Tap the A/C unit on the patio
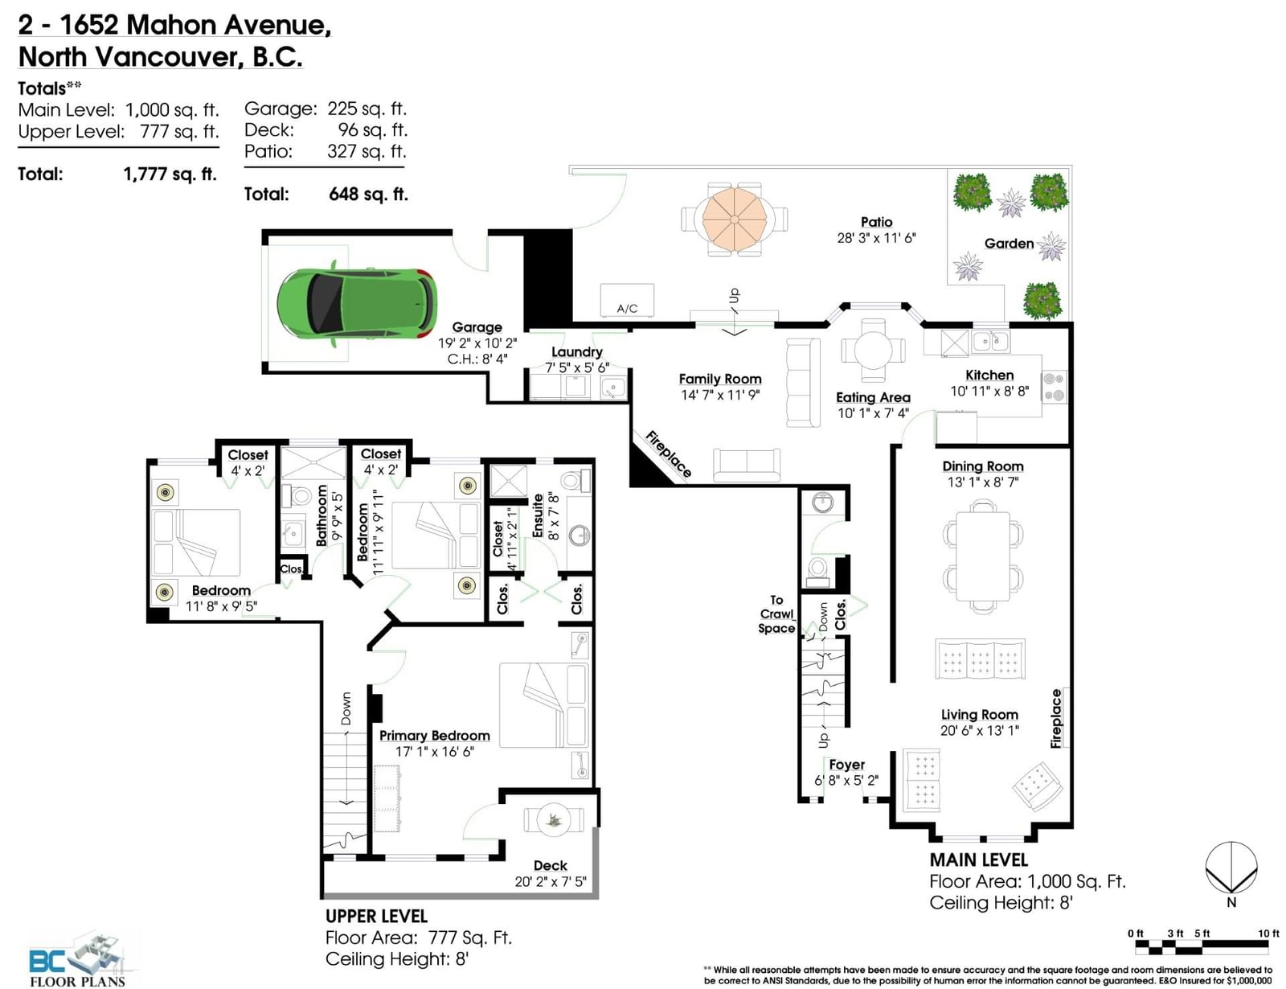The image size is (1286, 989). tap(627, 301)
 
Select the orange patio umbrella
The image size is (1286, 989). tap(734, 219)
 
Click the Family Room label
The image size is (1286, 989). tap(719, 379)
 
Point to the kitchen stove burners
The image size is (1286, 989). tap(1054, 387)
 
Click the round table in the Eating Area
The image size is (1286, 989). tap(873, 351)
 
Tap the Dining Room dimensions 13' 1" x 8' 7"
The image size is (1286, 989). tap(982, 482)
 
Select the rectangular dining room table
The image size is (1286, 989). tap(983, 556)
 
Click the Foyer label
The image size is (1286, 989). tap(846, 765)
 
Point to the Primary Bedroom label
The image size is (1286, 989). tap(434, 735)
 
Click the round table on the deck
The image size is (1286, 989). tap(553, 819)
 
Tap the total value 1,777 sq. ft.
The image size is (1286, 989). tap(170, 174)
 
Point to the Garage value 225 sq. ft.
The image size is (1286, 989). tap(367, 109)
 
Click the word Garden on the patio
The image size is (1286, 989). tap(1009, 244)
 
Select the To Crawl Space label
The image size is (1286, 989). tap(776, 614)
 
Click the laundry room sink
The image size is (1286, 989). tap(613, 388)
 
